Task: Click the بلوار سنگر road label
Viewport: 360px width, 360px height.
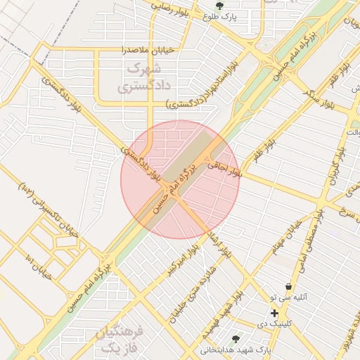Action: point(318,97)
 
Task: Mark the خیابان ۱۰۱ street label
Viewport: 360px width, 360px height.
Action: point(39,266)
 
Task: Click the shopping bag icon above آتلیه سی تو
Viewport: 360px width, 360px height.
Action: point(288,286)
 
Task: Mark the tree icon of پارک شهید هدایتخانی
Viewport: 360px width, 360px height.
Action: point(245,338)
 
